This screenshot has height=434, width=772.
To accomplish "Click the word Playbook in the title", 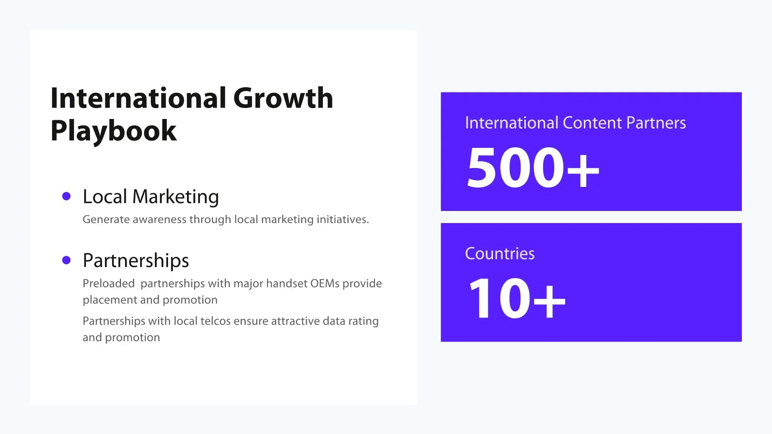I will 113,131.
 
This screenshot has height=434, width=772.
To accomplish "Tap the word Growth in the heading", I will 283,98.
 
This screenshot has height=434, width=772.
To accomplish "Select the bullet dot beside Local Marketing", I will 66,197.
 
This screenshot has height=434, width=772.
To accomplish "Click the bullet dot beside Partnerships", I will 66,260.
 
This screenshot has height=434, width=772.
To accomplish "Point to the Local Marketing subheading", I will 151,197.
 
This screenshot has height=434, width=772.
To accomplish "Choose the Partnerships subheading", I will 136,260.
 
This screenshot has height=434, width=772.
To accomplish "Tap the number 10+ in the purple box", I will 517,298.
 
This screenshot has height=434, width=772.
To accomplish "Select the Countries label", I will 500,254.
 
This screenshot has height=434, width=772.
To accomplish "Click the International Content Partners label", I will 575,123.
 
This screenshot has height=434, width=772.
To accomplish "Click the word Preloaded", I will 109,284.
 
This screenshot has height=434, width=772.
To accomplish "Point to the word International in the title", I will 138,98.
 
